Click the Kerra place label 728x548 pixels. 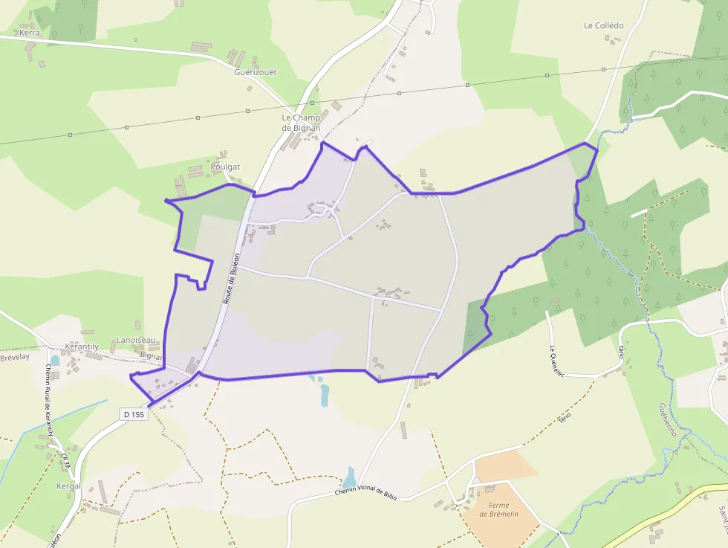click(x=30, y=33)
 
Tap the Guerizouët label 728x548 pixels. click(x=255, y=72)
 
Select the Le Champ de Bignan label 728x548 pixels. click(x=301, y=123)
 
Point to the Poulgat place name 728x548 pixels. click(x=225, y=167)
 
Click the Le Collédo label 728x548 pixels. click(x=603, y=25)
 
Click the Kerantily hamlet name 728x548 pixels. click(x=82, y=347)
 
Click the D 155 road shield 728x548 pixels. click(x=134, y=414)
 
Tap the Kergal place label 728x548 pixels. click(x=68, y=486)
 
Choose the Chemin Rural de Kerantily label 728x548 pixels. click(x=49, y=402)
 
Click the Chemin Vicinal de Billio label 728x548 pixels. click(x=371, y=491)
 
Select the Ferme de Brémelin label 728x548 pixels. click(x=498, y=509)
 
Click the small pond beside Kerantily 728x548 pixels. click(x=55, y=361)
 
